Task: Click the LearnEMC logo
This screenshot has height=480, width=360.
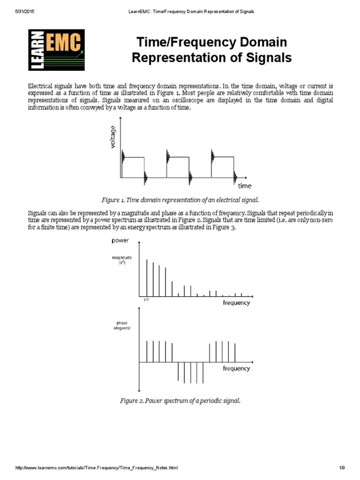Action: pyautogui.click(x=56, y=49)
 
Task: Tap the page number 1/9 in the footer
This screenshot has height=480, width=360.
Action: pyautogui.click(x=342, y=468)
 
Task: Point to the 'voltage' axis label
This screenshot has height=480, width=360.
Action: pyautogui.click(x=113, y=136)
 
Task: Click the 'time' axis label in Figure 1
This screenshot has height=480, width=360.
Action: pyautogui.click(x=244, y=186)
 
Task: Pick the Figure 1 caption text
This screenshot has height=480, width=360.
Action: pyautogui.click(x=180, y=200)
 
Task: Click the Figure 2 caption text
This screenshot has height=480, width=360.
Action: pyautogui.click(x=180, y=401)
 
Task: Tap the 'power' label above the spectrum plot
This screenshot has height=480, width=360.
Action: pyautogui.click(x=120, y=241)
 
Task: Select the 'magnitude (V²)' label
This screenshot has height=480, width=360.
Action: pyautogui.click(x=121, y=260)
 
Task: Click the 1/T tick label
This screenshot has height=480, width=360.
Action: pyautogui.click(x=146, y=300)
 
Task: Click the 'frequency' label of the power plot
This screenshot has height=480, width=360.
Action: pyautogui.click(x=236, y=303)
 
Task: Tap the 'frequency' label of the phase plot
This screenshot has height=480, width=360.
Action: pyautogui.click(x=236, y=368)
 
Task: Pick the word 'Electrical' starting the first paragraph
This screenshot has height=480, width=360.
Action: pyautogui.click(x=40, y=86)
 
